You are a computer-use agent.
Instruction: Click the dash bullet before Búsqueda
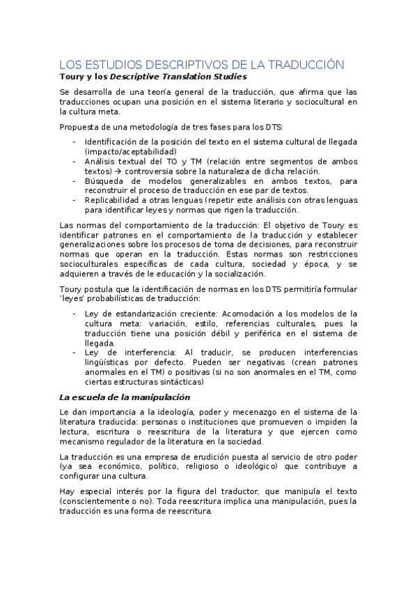(74, 181)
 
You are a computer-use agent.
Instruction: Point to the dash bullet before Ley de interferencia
(74, 353)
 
